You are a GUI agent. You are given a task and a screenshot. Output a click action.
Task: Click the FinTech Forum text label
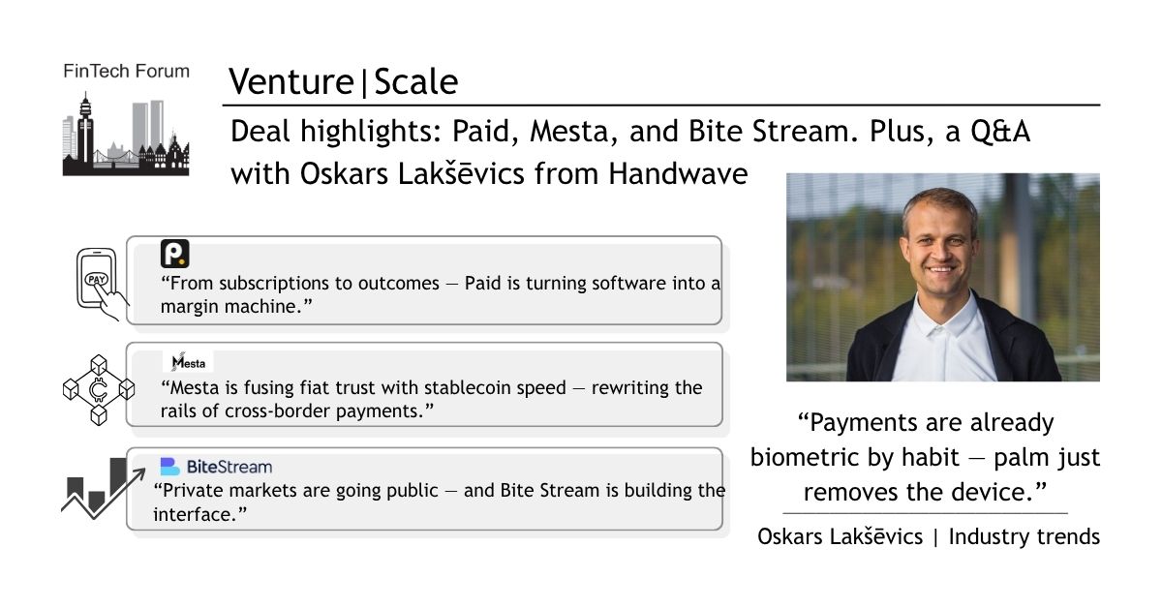coord(127,71)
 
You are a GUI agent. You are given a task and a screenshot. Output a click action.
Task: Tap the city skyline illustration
coord(126,134)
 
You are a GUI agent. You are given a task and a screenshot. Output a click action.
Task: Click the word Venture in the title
coord(291,82)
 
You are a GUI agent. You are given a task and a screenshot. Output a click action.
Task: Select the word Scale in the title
coord(416,82)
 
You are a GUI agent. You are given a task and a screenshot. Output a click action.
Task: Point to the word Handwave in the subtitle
coord(678,173)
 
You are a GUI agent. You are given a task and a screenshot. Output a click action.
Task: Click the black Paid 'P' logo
coord(175,254)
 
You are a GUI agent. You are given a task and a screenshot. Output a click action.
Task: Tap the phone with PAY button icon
coord(102,285)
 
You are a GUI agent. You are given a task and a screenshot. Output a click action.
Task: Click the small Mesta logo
coord(188,362)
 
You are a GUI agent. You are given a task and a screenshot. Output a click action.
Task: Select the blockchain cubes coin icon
coord(99,390)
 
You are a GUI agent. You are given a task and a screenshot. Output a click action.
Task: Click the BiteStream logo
coord(216,467)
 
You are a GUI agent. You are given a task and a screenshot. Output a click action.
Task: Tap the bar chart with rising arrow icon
coord(103,488)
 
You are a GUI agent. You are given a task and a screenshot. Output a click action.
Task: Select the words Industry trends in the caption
coord(1024,537)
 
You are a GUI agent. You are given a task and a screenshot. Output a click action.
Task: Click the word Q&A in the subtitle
coord(1000,131)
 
